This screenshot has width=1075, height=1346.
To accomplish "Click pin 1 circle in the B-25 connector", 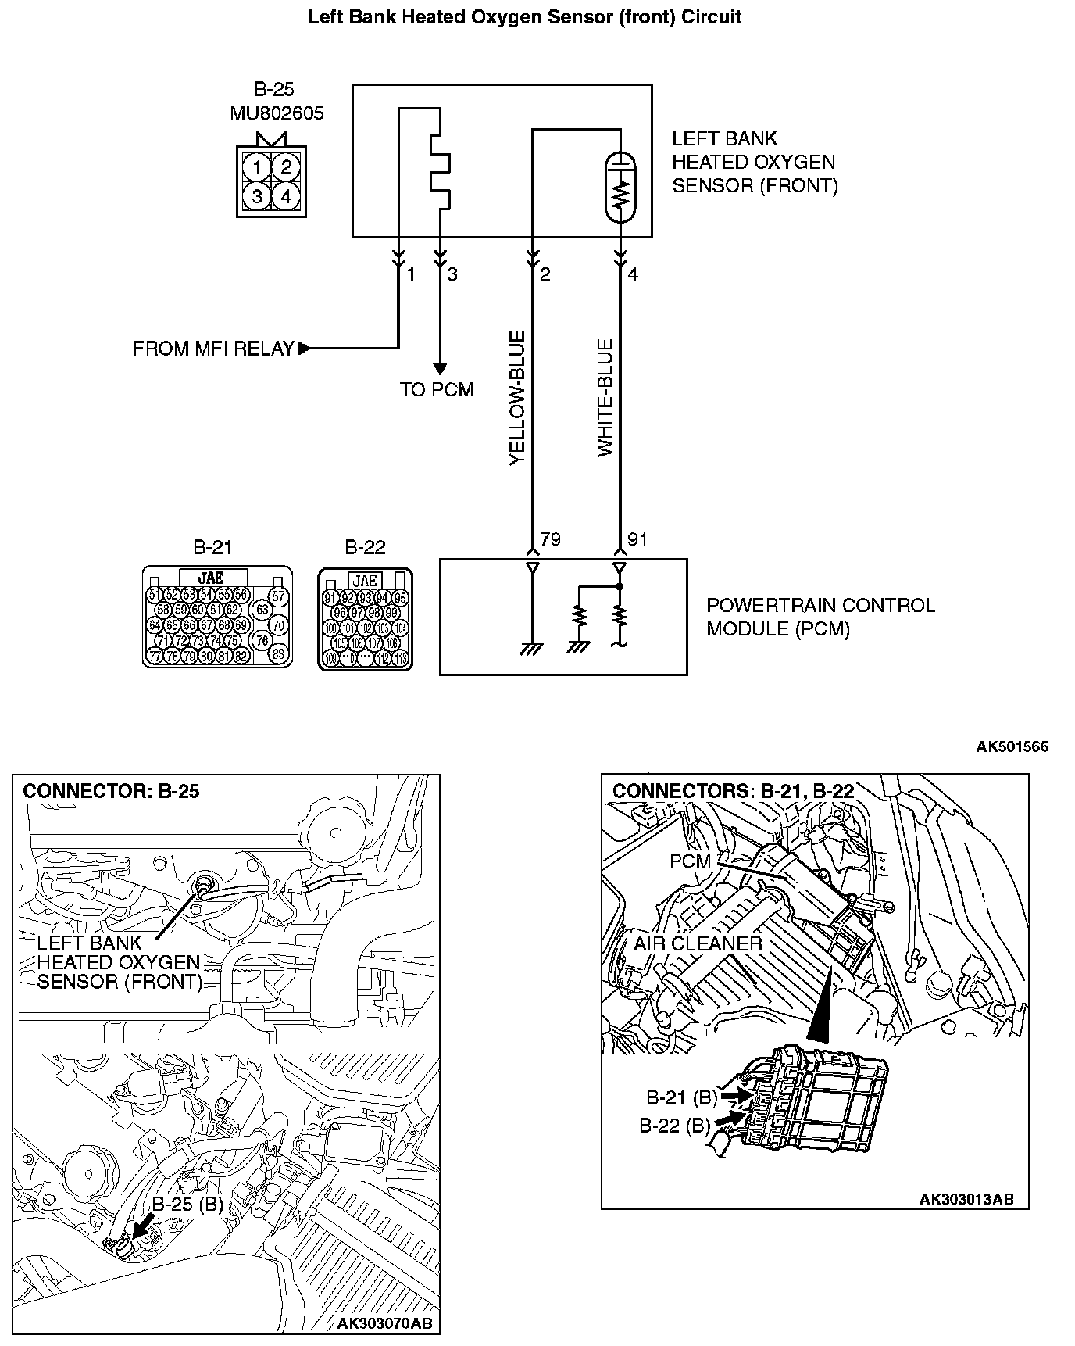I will [257, 166].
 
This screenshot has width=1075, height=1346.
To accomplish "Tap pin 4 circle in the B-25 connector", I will [287, 195].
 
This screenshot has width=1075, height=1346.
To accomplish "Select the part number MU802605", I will [277, 113].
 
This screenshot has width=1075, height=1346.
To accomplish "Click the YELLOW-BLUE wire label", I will [517, 399].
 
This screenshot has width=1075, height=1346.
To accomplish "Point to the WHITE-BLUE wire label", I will [605, 398].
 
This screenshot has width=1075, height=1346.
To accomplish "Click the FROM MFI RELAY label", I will [213, 349].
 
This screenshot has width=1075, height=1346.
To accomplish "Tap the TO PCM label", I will [437, 389].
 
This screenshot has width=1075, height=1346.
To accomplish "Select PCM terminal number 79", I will [550, 540].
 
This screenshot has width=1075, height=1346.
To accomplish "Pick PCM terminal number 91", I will [637, 540].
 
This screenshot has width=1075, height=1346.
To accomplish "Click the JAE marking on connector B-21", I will [211, 578].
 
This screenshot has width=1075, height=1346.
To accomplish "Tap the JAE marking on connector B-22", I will [365, 581].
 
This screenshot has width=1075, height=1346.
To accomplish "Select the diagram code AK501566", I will [1012, 746].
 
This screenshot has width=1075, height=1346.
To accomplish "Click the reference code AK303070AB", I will [384, 1323].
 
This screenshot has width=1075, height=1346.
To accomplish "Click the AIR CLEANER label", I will [698, 943].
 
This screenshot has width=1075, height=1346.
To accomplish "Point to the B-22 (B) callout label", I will [675, 1126].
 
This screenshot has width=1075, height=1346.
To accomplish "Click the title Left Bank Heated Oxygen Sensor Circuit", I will [524, 16].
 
